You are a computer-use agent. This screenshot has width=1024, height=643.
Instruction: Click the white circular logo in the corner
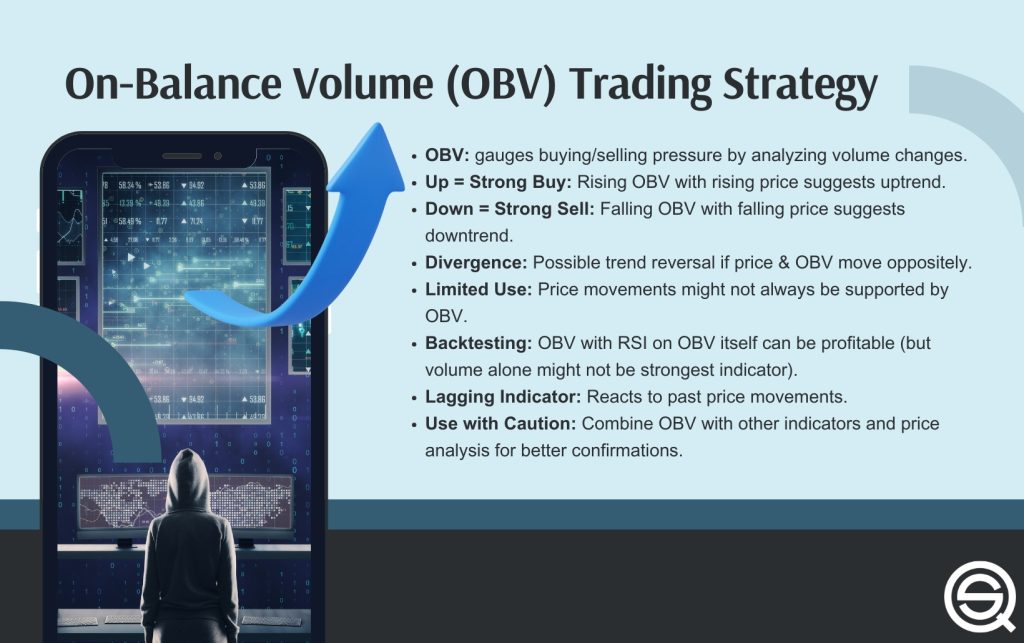tap(979, 599)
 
